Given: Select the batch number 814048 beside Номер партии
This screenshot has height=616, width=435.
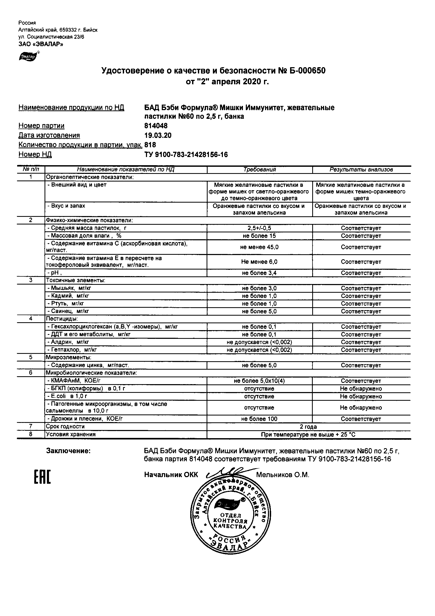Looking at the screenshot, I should tap(156, 126).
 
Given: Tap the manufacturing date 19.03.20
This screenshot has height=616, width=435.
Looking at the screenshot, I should tap(158, 135).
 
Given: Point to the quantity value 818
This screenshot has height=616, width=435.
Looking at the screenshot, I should tap(150, 145).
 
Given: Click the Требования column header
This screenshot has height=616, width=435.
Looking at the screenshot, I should tap(260, 170).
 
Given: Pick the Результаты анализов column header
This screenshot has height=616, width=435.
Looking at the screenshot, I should tap(361, 170).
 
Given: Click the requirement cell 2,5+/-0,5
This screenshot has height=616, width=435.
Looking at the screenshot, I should tap(259, 228).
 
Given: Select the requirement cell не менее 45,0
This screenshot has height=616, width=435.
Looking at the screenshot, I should tap(259, 247).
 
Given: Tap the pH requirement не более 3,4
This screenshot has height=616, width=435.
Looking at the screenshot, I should tap(259, 273).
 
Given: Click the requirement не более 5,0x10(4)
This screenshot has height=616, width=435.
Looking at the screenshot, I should tap(259, 381).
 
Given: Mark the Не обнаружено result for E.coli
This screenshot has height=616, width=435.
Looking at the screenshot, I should tap(361, 396).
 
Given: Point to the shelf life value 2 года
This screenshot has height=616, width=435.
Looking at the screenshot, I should tap(308, 427).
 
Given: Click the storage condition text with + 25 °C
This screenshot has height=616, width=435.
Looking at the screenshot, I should tap(308, 435).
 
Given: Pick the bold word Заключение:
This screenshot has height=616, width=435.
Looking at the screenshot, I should tap(69, 451).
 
